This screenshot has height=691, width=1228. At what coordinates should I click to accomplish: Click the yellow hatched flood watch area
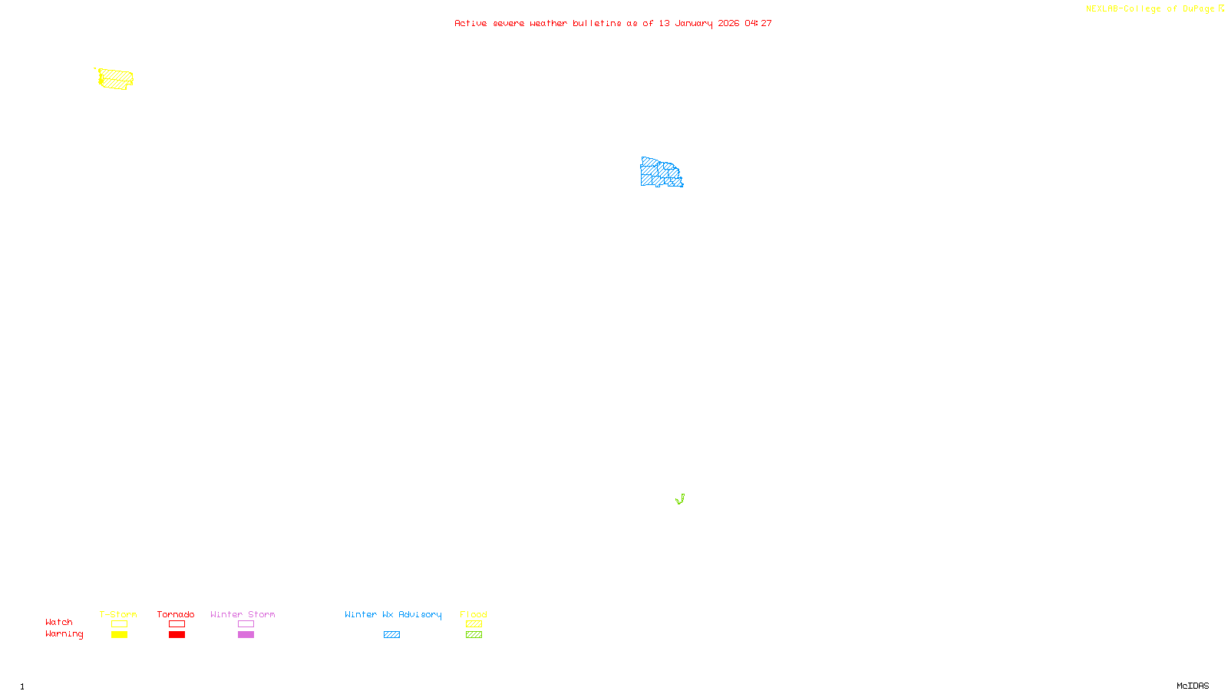click(x=116, y=78)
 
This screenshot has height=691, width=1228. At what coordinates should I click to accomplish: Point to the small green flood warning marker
click(x=680, y=500)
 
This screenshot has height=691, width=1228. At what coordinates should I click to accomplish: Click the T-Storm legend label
click(x=118, y=614)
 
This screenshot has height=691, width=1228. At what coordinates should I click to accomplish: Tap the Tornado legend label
click(x=176, y=614)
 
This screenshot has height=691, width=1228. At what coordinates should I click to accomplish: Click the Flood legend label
click(x=474, y=614)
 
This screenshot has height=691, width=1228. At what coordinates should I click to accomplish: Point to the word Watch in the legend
click(x=59, y=623)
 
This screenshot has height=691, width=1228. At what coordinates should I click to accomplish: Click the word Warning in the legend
click(x=64, y=634)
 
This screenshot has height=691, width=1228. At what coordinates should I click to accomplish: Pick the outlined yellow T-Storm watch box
click(x=119, y=624)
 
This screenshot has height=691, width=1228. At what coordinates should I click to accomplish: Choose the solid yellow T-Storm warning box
click(x=119, y=635)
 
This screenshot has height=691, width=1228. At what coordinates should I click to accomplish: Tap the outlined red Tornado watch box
click(x=177, y=624)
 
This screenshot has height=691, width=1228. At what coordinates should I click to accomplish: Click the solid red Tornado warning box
click(x=177, y=635)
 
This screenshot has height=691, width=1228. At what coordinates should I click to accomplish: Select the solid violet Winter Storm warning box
click(x=246, y=635)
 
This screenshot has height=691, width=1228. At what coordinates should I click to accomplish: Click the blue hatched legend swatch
click(x=391, y=635)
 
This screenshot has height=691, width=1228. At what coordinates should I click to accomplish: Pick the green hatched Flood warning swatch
click(x=474, y=635)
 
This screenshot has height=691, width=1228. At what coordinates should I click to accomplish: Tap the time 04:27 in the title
click(x=758, y=24)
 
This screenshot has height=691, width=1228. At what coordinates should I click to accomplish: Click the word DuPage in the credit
click(x=1198, y=9)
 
